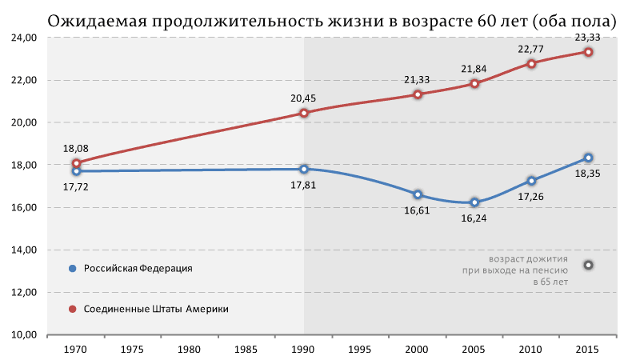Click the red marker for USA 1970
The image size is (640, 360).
[76, 163]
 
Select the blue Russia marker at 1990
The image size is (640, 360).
[304, 169]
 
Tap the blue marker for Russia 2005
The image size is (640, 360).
[474, 202]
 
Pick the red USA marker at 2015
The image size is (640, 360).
[588, 52]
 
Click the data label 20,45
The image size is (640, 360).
[304, 98]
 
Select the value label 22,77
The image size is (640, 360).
[531, 48]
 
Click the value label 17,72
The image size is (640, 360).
[76, 186]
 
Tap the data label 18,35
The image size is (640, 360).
[588, 173]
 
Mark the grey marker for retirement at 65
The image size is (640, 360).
[588, 265]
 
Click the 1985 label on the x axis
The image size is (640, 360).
[246, 350]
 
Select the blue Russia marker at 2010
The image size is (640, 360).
[531, 181]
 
